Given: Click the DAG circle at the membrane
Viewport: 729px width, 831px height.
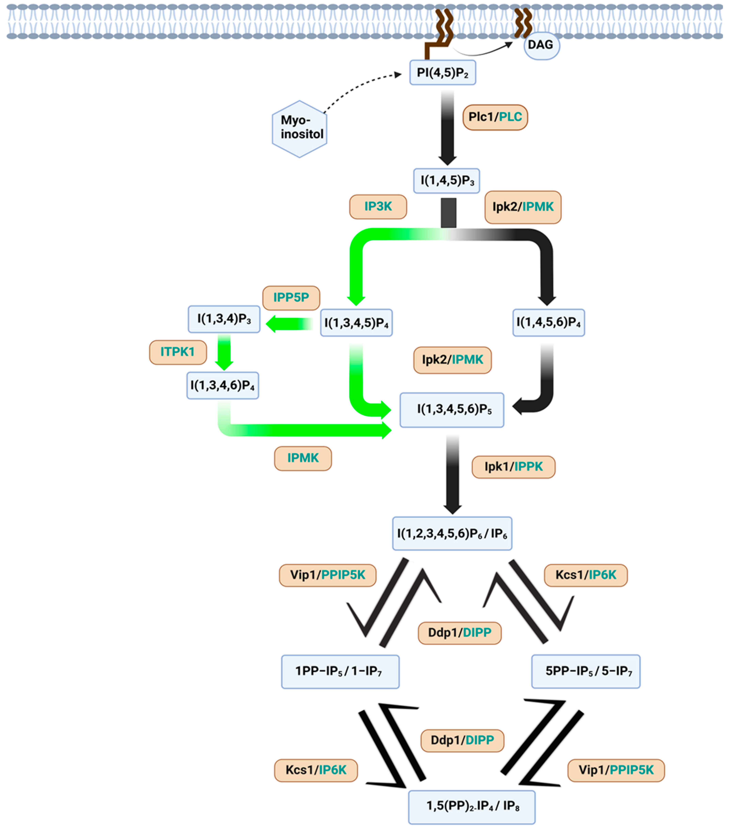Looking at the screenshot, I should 541,46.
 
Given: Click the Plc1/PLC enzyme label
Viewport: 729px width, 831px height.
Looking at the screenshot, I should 495,117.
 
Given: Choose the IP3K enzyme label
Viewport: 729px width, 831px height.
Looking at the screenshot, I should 378,207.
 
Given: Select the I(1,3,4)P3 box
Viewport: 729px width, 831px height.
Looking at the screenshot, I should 224,319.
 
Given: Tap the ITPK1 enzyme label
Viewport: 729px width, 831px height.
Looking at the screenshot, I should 178,352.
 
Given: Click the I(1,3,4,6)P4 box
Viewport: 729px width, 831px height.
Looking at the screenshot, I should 223,385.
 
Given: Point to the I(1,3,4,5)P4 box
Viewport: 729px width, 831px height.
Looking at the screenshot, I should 356,323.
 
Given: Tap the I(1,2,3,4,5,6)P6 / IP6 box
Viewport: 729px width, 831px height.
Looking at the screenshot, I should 452,534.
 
